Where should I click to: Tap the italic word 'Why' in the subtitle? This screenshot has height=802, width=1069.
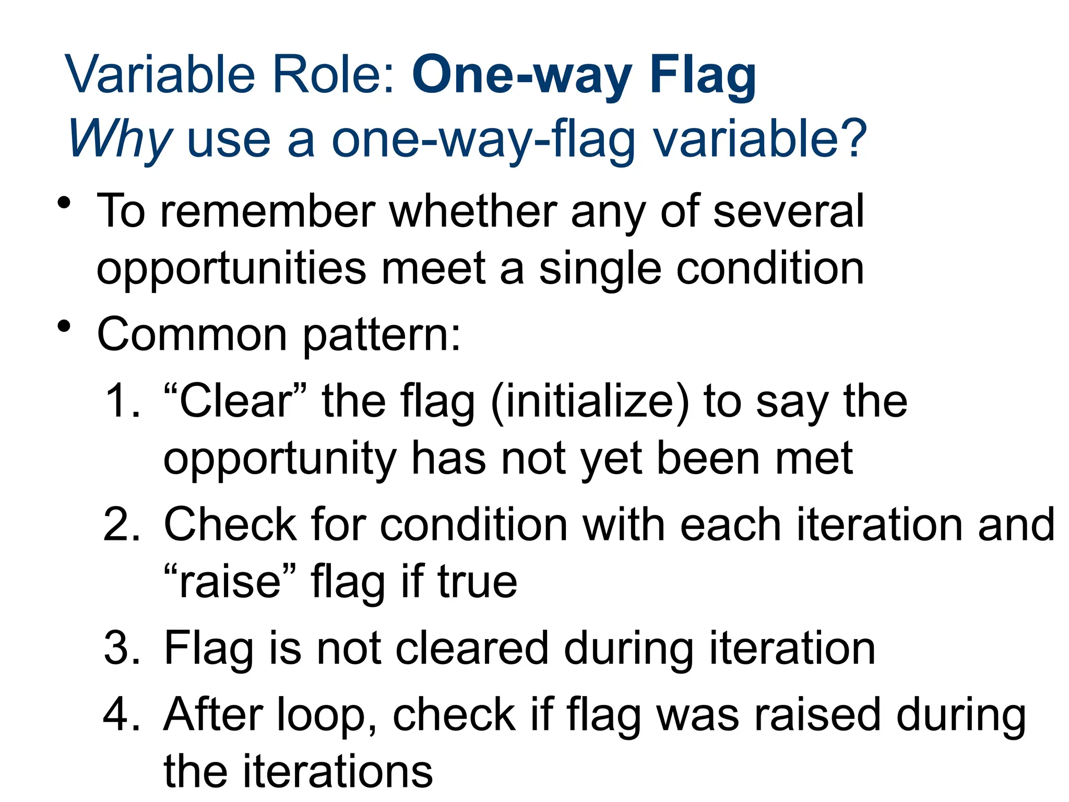coord(120,139)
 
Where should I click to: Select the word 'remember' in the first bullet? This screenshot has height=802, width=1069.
coord(267,211)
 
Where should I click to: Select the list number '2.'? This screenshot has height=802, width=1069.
coord(122,525)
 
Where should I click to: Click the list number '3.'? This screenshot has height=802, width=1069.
coord(122,648)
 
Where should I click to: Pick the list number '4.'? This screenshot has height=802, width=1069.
coord(122,715)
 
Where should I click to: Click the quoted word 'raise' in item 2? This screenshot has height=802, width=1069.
coord(230,582)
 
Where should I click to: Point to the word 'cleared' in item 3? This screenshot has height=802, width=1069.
coord(472,648)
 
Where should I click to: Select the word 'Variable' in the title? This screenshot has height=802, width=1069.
coord(160,76)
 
